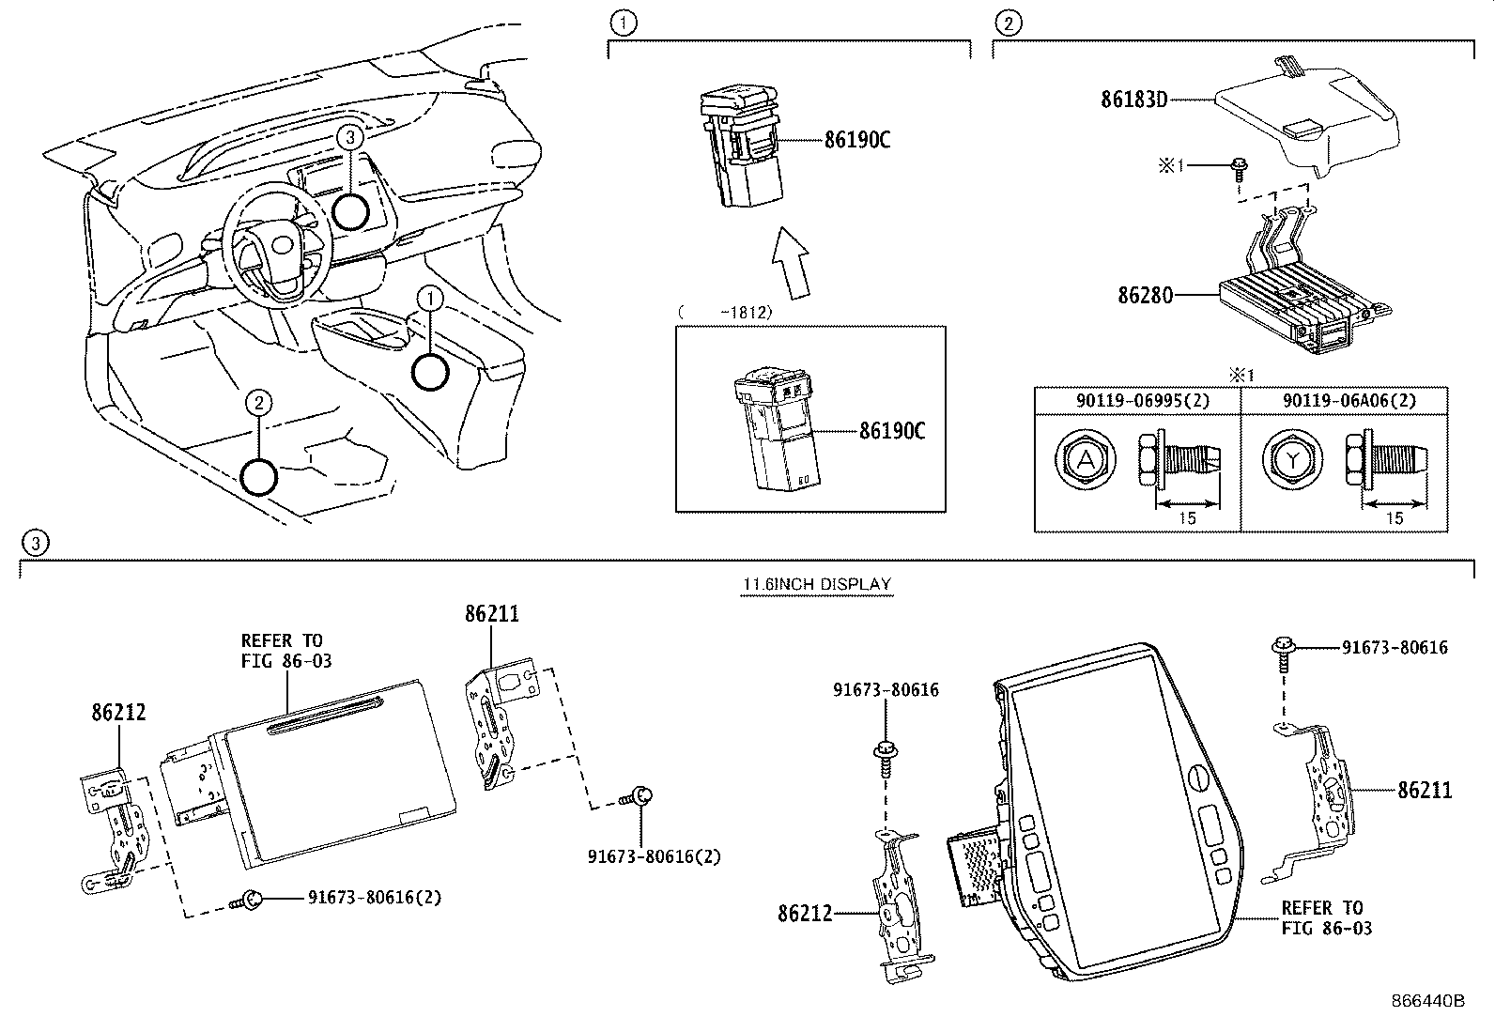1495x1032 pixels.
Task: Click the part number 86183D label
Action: point(1133,99)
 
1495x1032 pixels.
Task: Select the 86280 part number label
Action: point(1145,295)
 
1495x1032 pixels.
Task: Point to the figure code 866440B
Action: point(1428,1001)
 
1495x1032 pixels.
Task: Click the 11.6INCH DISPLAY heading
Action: point(816,584)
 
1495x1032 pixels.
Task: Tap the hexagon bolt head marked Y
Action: point(1293,459)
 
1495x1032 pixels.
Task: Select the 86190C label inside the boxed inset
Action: point(892,431)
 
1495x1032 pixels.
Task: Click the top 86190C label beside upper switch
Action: point(856,140)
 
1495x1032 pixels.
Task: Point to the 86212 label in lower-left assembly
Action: point(119,712)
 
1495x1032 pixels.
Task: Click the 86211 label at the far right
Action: point(1425,791)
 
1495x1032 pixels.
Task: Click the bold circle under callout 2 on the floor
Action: point(259,477)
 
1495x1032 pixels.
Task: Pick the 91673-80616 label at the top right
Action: point(1394,647)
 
